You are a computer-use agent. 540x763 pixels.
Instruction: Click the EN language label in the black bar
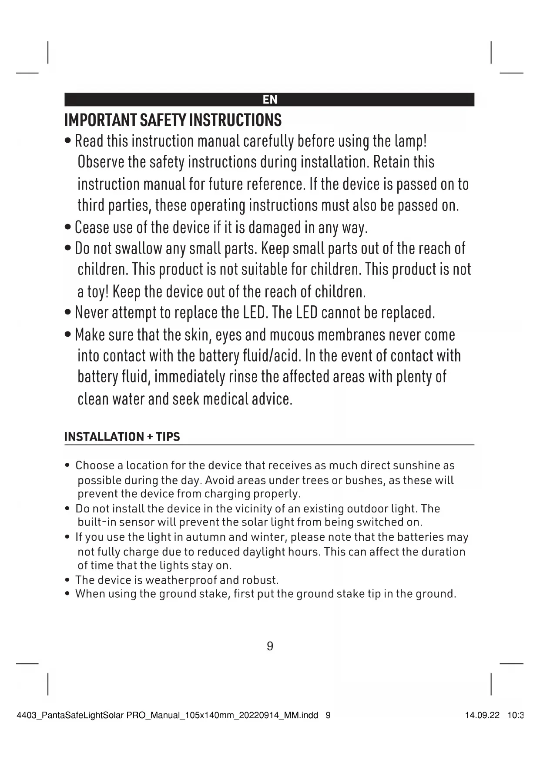click(x=270, y=100)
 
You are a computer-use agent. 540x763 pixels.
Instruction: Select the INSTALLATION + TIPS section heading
click(x=122, y=437)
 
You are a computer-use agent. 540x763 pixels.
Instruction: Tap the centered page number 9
click(x=270, y=646)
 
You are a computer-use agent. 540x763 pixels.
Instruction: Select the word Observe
click(x=101, y=162)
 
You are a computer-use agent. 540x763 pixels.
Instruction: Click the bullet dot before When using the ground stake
click(x=67, y=594)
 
